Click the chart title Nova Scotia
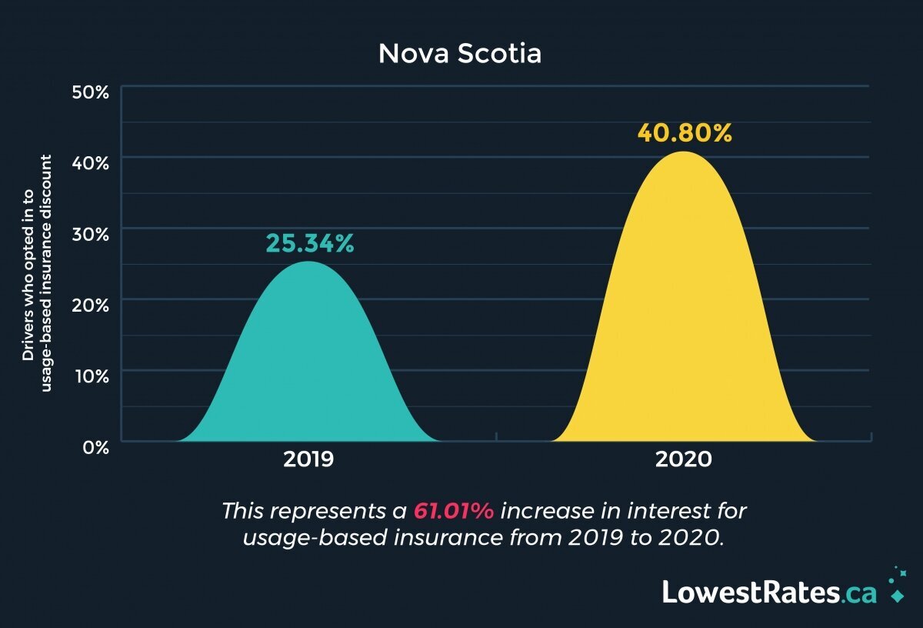coord(460,54)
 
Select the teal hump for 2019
coord(308,362)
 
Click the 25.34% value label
coord(310,243)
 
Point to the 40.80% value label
coord(685,133)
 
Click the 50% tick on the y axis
coord(91,92)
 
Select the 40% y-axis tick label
coord(91,164)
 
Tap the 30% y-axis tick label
coord(91,235)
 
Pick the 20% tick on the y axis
coord(91,306)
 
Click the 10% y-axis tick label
coord(92,376)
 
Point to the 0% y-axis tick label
coord(96,448)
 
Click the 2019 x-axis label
coord(308,459)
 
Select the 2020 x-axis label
coord(684,459)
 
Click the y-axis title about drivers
coord(37,273)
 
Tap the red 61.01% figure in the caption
coord(454,511)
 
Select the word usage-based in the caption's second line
coord(315,538)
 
